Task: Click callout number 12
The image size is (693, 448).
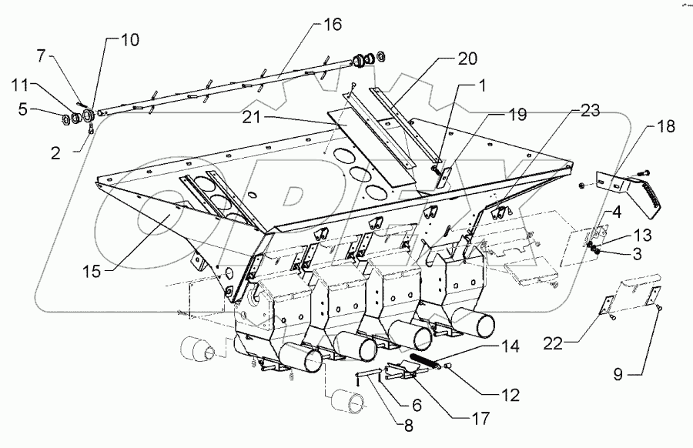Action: pyautogui.click(x=509, y=396)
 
